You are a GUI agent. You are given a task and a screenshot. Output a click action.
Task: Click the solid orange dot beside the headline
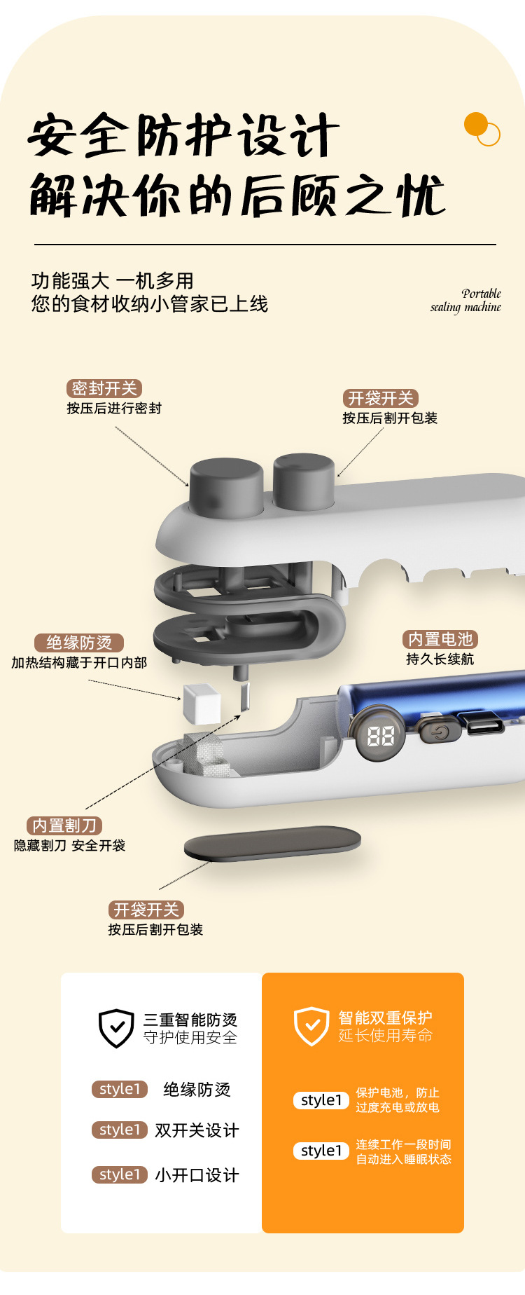point(476,124)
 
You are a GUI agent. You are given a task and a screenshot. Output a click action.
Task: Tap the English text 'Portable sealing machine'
point(466,301)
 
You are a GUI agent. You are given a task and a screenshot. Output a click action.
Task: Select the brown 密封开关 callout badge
point(104,389)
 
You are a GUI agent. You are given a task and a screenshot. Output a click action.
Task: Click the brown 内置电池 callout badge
point(440,639)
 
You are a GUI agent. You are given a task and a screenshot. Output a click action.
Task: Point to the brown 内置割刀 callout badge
point(64,825)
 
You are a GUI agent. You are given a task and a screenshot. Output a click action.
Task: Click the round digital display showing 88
point(380,735)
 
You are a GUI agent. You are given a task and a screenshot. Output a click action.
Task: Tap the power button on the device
point(440,732)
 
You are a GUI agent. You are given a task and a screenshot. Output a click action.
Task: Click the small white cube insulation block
point(202,704)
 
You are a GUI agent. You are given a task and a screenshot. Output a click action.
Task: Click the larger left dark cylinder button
point(226,487)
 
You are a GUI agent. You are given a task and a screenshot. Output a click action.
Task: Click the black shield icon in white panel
point(116,1028)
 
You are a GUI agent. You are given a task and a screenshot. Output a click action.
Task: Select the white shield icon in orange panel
point(311,1027)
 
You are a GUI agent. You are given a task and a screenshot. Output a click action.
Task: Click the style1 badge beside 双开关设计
point(120,1130)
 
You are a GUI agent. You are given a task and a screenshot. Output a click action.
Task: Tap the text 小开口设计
point(197,1175)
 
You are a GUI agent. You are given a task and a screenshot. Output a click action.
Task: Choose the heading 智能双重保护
point(385,1018)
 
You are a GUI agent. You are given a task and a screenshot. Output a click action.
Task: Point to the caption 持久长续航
point(440,659)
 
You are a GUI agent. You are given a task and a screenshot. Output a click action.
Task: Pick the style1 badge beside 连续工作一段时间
point(321,1151)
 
